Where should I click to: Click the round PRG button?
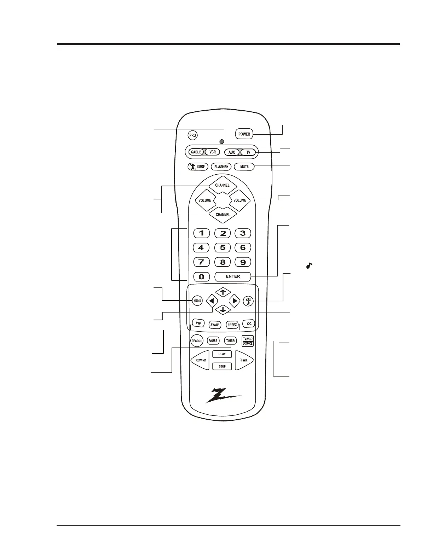192,135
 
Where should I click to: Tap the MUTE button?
244,167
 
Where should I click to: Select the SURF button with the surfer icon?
198,167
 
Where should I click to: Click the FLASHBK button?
221,167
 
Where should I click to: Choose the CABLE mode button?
196,152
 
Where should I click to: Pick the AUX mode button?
231,152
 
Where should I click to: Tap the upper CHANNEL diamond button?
222,185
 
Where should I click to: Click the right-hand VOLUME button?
240,200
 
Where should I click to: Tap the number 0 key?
201,276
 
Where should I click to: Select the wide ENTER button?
233,276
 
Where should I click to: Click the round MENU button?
197,301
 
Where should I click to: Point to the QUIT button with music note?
248,301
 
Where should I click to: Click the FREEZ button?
232,325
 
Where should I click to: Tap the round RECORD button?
197,341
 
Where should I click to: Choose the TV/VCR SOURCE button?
248,341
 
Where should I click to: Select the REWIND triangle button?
200,360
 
